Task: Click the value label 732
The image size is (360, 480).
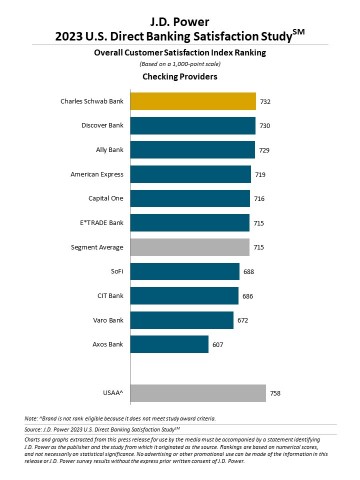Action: click(x=265, y=101)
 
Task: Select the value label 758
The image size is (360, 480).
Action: click(x=275, y=393)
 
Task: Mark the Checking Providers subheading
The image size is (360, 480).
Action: click(x=180, y=75)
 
